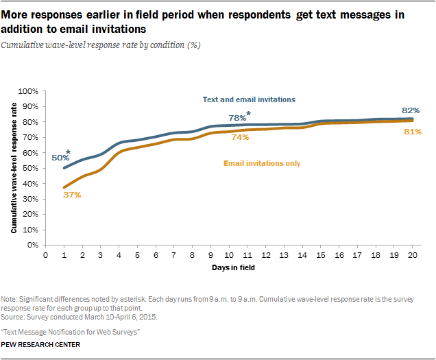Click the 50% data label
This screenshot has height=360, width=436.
click(x=60, y=158)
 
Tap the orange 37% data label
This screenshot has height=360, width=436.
click(x=72, y=195)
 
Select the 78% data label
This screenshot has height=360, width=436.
click(x=237, y=118)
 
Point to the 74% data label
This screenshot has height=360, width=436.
click(x=239, y=137)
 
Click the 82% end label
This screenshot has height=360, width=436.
click(x=411, y=110)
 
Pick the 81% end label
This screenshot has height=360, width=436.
click(x=411, y=132)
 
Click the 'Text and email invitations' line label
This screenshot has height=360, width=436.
click(x=249, y=99)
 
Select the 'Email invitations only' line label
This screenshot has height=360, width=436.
click(x=262, y=163)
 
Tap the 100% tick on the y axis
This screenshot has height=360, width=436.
click(x=28, y=91)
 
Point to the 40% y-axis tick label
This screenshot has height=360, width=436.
click(x=30, y=184)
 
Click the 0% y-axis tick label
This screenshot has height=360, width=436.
click(x=32, y=245)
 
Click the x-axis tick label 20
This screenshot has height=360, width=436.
click(x=411, y=254)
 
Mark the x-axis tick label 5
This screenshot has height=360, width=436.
click(x=138, y=254)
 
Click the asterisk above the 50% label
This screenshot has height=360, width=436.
click(x=68, y=152)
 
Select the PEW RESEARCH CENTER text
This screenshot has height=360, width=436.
click(x=40, y=344)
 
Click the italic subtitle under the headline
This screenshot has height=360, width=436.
click(x=101, y=45)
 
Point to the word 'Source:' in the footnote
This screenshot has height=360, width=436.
click(x=13, y=316)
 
